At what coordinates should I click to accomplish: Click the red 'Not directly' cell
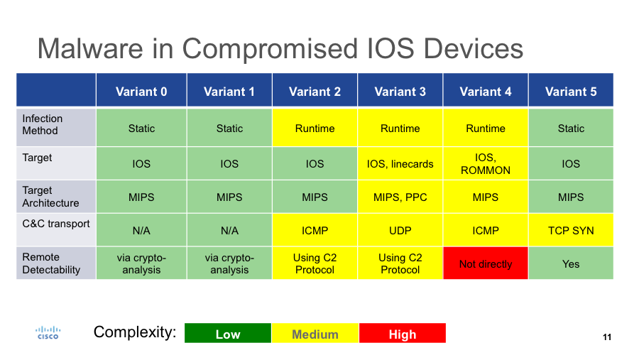click(486, 263)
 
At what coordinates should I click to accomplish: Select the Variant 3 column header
click(400, 91)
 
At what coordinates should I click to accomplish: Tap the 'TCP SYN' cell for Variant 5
click(571, 230)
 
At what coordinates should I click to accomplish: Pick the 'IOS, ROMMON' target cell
click(486, 163)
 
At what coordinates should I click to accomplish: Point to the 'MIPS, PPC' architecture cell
click(400, 197)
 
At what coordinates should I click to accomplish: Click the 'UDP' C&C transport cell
click(400, 230)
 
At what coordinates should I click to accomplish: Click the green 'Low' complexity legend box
click(228, 334)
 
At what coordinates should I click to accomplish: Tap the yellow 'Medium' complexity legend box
click(315, 334)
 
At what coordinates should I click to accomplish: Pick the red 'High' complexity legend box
click(403, 334)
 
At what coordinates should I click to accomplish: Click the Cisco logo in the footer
click(48, 332)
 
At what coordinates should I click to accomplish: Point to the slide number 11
click(606, 337)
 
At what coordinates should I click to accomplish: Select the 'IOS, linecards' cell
click(400, 163)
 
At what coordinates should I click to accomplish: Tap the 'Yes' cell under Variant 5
click(571, 263)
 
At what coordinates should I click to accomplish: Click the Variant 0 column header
click(141, 91)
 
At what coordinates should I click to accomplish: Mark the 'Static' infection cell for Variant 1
click(229, 129)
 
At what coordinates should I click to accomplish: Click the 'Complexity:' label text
click(135, 332)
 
